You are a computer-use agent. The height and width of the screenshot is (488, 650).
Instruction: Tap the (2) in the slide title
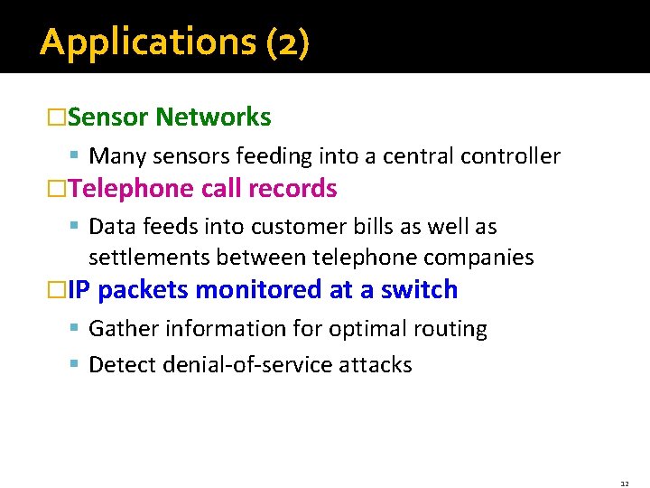pos(288,42)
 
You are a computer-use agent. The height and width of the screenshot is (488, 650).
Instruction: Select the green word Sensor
pos(107,117)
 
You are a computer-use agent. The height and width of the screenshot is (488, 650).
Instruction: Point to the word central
pos(418,156)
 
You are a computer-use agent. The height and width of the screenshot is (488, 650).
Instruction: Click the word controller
pos(510,156)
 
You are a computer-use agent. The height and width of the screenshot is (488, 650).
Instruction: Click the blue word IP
pos(79,290)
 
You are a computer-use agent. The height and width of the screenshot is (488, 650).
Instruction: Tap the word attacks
pos(376,365)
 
